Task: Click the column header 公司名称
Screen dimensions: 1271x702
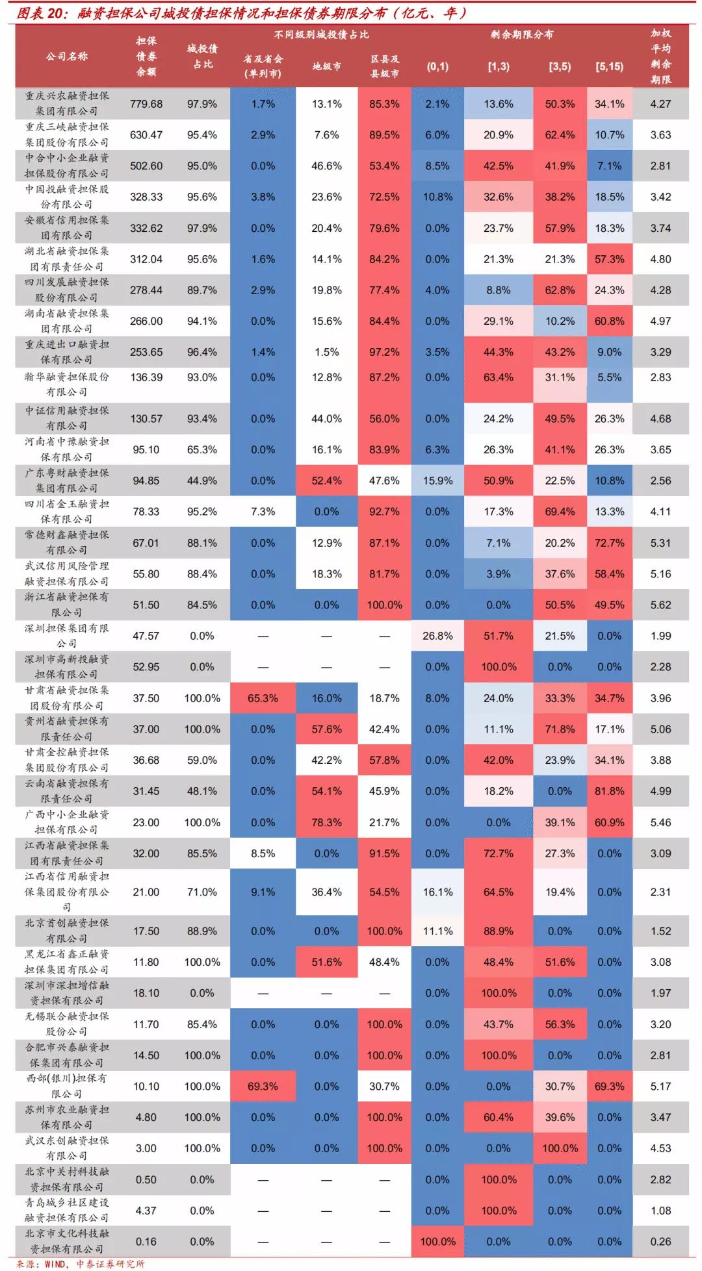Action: point(66,57)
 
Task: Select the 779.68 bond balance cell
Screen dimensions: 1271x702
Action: point(146,104)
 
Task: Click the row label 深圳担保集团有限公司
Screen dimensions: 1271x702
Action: point(66,636)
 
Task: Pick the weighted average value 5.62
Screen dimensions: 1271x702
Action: point(660,605)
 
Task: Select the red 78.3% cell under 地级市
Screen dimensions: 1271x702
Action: point(326,822)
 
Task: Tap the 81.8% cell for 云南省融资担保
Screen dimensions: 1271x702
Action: point(609,791)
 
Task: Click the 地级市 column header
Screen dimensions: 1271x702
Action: point(326,66)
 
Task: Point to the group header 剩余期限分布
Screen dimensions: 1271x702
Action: point(522,34)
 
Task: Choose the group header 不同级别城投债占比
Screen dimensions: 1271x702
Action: point(321,34)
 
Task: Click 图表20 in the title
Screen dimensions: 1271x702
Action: point(39,13)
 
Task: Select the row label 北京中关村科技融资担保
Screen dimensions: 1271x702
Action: point(66,1179)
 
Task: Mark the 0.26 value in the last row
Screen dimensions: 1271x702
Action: point(660,1241)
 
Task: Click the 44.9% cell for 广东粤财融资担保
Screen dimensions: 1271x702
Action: point(202,481)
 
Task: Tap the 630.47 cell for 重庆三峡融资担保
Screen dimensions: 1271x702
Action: point(146,135)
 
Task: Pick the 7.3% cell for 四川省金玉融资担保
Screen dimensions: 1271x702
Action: point(263,512)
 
